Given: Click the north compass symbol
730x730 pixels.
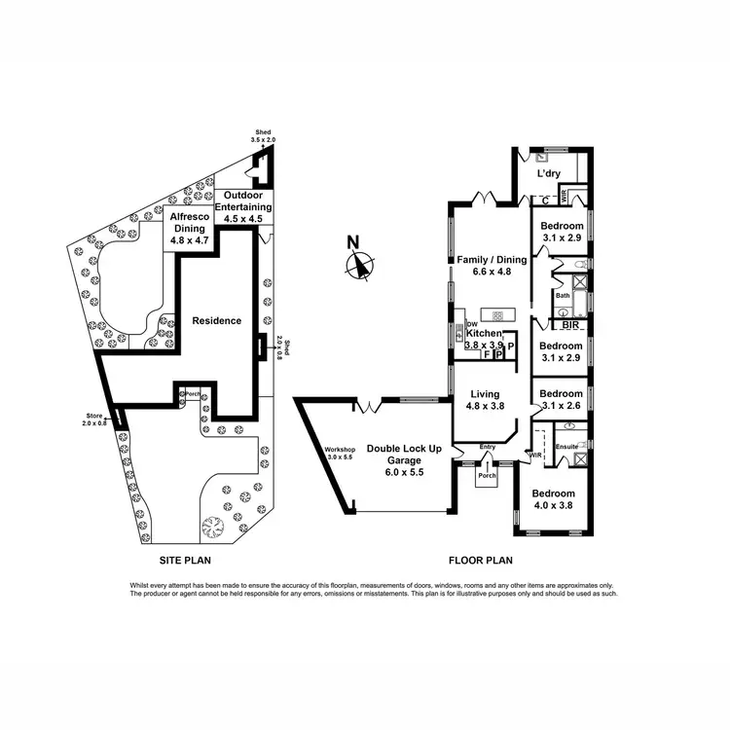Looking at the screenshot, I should (362, 262).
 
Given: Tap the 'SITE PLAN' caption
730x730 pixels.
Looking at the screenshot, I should (185, 561).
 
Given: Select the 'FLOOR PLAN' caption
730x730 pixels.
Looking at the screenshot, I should (480, 561).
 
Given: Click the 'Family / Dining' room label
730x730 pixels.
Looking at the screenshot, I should (492, 259).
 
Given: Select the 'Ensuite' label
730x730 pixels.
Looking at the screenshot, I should (566, 448).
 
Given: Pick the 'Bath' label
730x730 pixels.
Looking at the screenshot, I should (562, 295).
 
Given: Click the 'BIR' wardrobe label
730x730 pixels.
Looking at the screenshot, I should (570, 327).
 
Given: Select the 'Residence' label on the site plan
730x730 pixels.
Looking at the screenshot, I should (215, 320).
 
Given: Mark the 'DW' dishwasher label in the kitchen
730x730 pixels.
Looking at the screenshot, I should (471, 324).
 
